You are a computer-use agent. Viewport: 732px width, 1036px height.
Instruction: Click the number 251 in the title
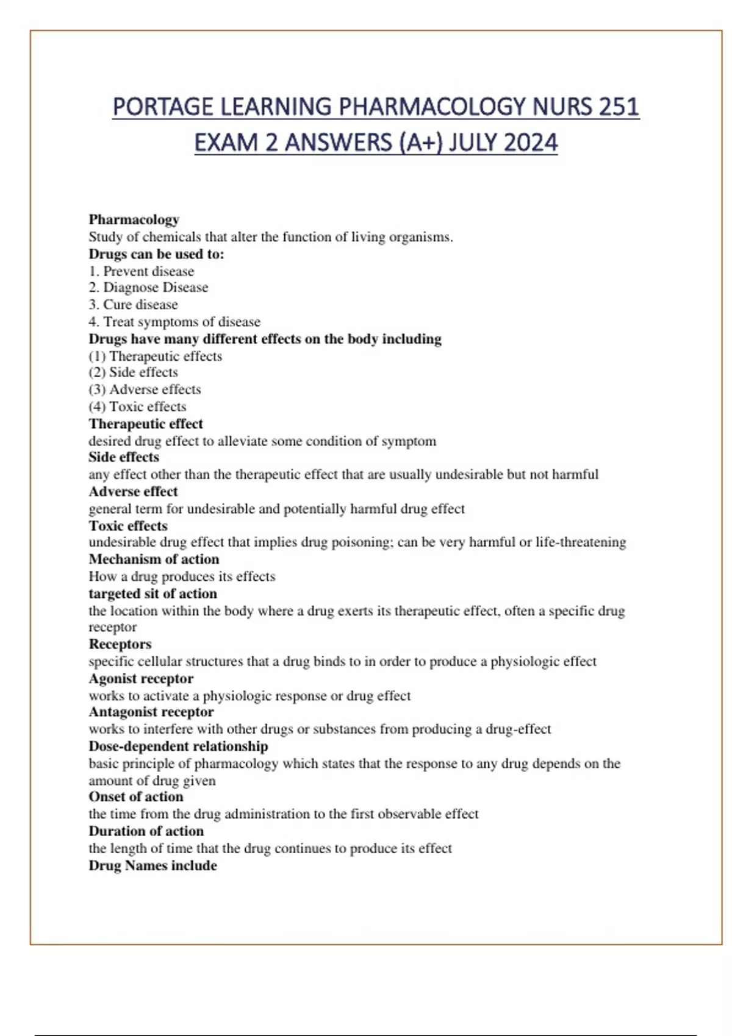coord(619,107)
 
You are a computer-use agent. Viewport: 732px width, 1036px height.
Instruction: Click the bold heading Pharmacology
coord(134,219)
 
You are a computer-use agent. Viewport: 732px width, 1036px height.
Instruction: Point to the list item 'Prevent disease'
coord(148,271)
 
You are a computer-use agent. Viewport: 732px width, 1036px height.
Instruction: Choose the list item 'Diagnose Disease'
coord(155,288)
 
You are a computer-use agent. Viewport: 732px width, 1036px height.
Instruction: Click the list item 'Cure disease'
coord(140,305)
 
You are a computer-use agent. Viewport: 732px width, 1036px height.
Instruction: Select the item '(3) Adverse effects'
coord(145,389)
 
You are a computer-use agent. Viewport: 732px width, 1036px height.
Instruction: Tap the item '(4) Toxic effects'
coord(137,406)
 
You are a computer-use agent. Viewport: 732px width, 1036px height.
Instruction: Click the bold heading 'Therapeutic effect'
coord(146,424)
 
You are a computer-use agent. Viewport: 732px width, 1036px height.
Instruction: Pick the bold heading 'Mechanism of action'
coord(154,559)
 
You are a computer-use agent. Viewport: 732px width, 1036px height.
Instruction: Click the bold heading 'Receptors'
coord(120,644)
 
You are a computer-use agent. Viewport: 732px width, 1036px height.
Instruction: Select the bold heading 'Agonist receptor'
coord(141,679)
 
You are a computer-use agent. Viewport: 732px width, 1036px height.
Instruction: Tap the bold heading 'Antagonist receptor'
coord(151,712)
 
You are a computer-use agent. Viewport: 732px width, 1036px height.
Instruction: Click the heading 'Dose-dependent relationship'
coord(178,747)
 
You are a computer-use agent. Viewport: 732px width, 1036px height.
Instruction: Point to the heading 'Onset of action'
coord(135,797)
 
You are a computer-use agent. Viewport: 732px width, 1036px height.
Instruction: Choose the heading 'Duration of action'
coord(146,831)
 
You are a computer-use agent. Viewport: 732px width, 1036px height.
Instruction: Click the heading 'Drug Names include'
coord(152,866)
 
